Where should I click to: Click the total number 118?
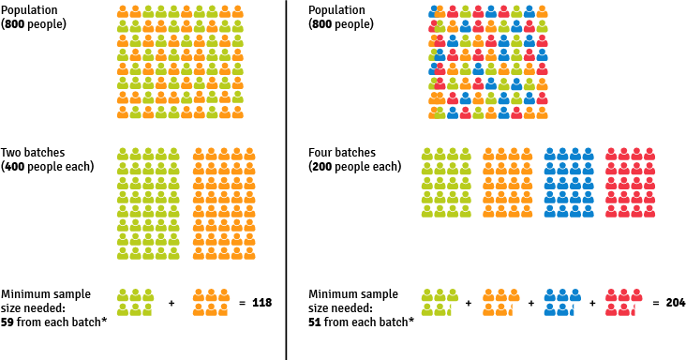pos(261,303)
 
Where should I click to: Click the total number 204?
pos(675,303)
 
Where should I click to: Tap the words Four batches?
pos(342,152)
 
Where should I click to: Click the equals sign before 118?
pos(241,303)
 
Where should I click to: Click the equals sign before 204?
pos(653,303)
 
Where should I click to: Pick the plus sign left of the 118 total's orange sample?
pos(171,303)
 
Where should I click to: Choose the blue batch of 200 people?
pos(569,182)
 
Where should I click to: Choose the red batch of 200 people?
pos(630,182)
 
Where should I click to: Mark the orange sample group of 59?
pos(211,302)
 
